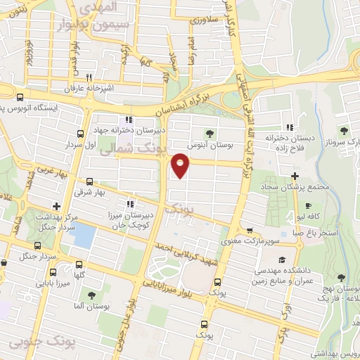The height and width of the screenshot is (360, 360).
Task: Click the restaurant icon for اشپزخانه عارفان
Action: pos(89,78)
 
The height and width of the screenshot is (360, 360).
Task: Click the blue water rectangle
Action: pos(83,236)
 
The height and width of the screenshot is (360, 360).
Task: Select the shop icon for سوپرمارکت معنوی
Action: pos(248,230)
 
